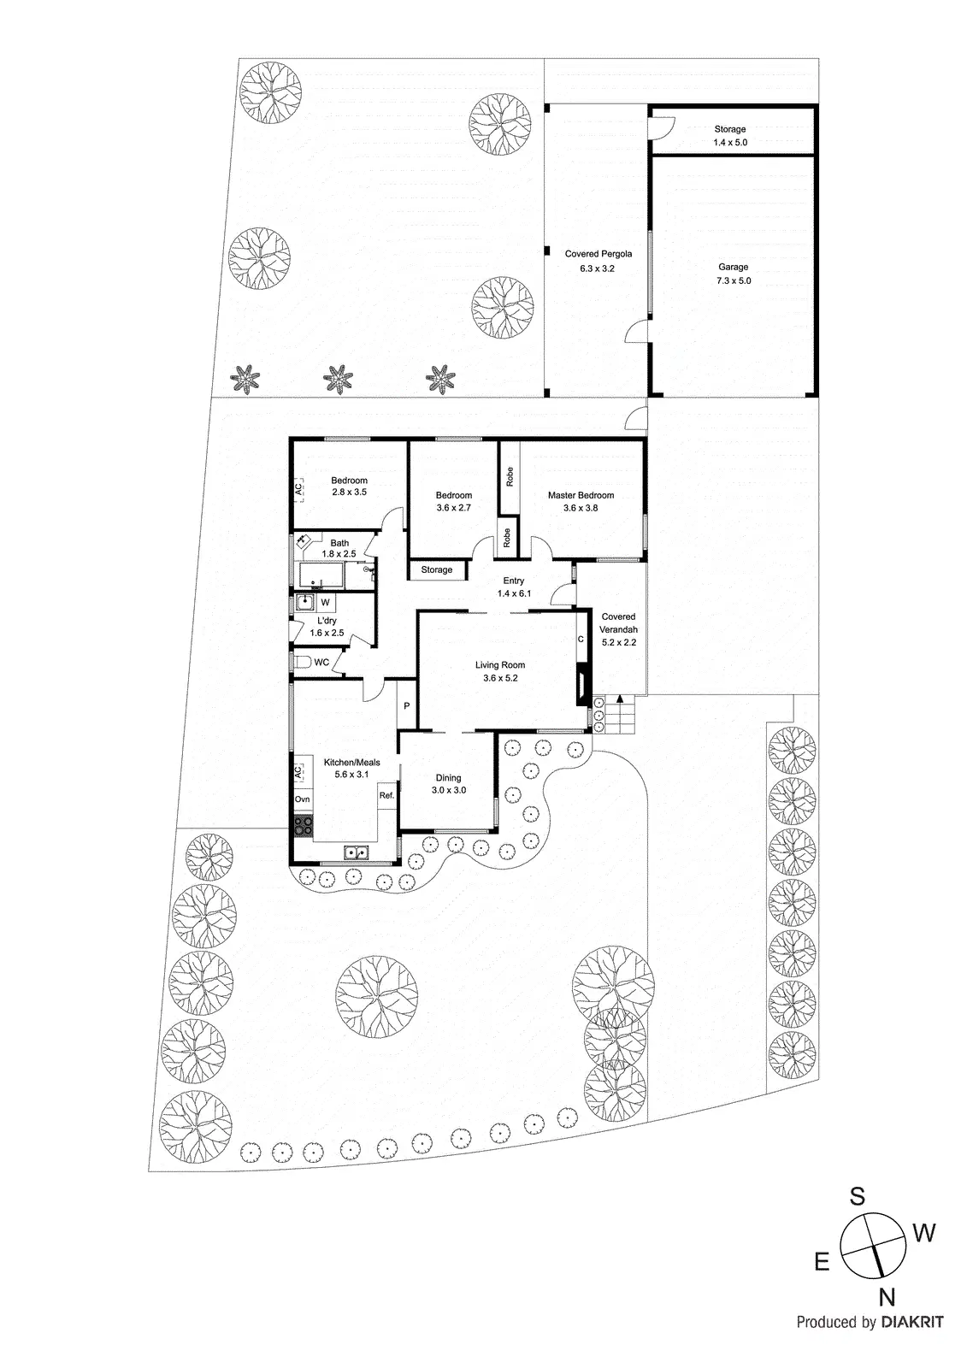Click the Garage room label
tap(733, 268)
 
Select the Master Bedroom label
tap(581, 495)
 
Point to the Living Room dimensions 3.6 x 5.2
tap(500, 679)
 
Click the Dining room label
tap(448, 778)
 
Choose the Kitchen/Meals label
tap(351, 763)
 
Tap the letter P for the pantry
tap(407, 705)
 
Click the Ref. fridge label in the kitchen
tap(386, 795)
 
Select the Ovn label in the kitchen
tap(302, 799)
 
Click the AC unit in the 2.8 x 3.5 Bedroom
tap(298, 490)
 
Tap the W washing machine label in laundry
tap(326, 603)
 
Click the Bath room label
tap(339, 543)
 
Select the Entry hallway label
tap(513, 581)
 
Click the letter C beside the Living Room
tap(581, 639)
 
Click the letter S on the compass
tap(856, 1197)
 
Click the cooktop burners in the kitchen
tap(303, 825)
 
